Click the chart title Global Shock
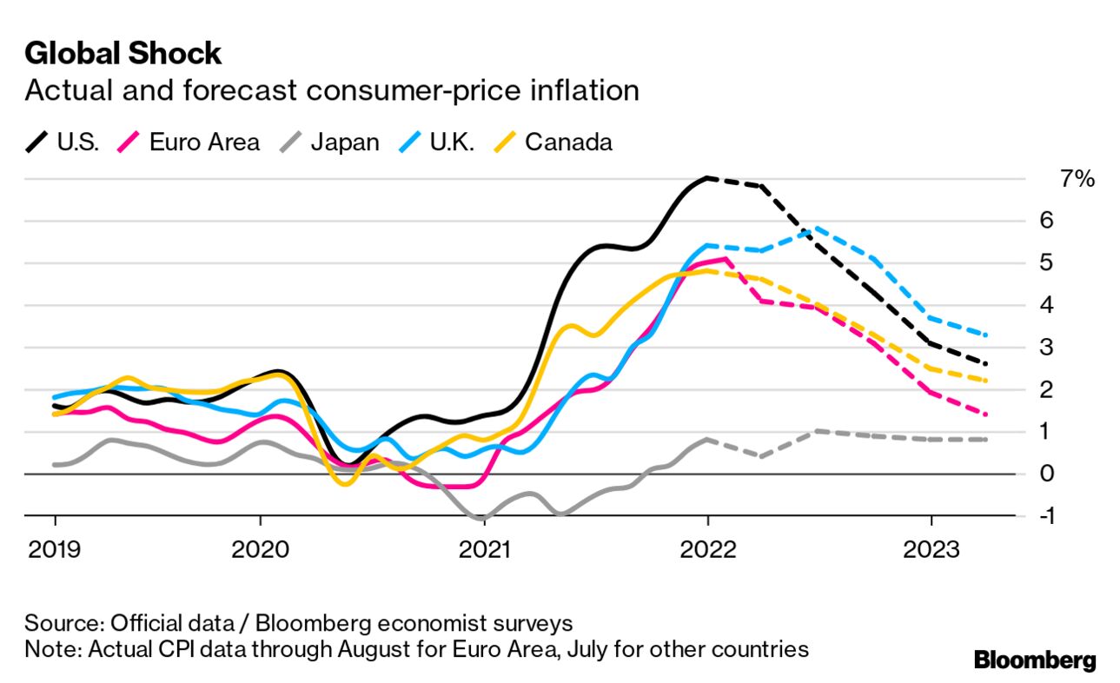coord(123,54)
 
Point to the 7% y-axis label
coord(1077,179)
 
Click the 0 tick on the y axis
coord(1047,474)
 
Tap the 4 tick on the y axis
coord(1047,305)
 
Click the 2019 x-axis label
coord(55,549)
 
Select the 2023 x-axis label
coord(931,549)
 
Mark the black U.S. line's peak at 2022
coord(708,178)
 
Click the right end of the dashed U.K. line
coord(985,335)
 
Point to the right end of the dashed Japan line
coord(985,440)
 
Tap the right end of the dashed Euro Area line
coord(985,414)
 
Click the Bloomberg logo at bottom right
coord(1034,660)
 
